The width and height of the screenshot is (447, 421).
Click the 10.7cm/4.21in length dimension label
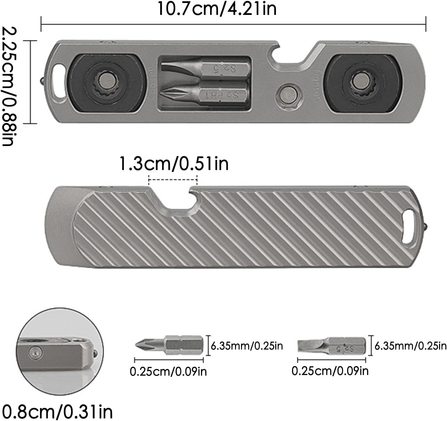point(217,9)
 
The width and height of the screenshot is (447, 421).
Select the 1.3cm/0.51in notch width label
point(173,164)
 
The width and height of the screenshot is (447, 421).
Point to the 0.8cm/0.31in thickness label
point(57,411)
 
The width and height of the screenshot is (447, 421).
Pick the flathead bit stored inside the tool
point(205,69)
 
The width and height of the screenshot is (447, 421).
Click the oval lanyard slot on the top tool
point(59,82)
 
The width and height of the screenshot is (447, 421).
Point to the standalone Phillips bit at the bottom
point(169,345)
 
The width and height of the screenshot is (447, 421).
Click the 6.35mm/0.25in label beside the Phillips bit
point(247,346)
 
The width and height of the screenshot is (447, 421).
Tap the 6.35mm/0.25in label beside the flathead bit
point(411,346)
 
